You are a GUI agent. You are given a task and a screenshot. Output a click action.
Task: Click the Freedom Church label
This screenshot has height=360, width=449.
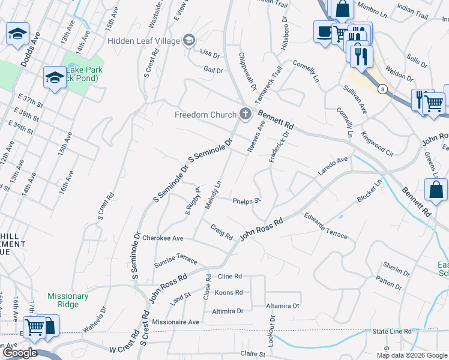click(x=204, y=115)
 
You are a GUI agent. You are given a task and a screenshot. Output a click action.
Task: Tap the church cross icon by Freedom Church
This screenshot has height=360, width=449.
click(x=245, y=113)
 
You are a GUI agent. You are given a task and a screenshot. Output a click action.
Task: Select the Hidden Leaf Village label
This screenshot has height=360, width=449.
click(x=143, y=41)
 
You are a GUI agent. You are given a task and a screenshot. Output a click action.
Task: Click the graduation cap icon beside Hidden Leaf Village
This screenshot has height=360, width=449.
click(x=189, y=40)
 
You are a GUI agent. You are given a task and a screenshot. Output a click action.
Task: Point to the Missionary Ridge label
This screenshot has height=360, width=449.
click(x=68, y=300)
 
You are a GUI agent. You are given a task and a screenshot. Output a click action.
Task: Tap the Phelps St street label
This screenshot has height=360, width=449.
click(x=246, y=201)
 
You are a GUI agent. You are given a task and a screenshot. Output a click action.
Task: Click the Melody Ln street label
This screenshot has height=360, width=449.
click(x=213, y=195)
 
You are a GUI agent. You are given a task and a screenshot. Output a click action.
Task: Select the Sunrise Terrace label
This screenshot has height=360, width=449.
click(x=175, y=259)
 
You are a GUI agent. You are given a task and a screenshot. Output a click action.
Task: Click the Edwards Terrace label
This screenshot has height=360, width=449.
click(x=325, y=226)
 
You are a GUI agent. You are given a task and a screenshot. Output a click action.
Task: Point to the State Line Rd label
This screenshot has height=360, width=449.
click(x=391, y=331)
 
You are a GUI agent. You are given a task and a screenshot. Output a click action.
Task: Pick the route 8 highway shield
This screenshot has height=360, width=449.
click(x=382, y=89)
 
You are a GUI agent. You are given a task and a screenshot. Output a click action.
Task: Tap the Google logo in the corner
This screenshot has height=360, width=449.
click(x=20, y=352)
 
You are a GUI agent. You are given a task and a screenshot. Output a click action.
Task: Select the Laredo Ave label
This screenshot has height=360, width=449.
click(x=333, y=167)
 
